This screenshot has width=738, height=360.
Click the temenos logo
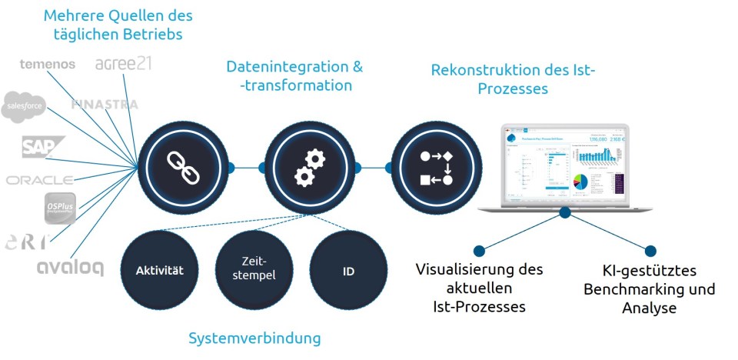pyautogui.click(x=47, y=64)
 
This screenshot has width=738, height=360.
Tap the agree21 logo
pyautogui.click(x=123, y=63)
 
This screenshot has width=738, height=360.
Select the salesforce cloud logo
pyautogui.click(x=24, y=108)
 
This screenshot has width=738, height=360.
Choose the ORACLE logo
pyautogui.click(x=40, y=180)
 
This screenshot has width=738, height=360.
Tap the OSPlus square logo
pyautogui.click(x=60, y=208)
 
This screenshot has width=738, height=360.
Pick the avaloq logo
pyautogui.click(x=70, y=266)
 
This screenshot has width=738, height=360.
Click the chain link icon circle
pyautogui.click(x=183, y=165)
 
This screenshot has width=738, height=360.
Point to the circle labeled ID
pyautogui.click(x=348, y=271)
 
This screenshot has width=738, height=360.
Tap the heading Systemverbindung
pyautogui.click(x=254, y=338)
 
